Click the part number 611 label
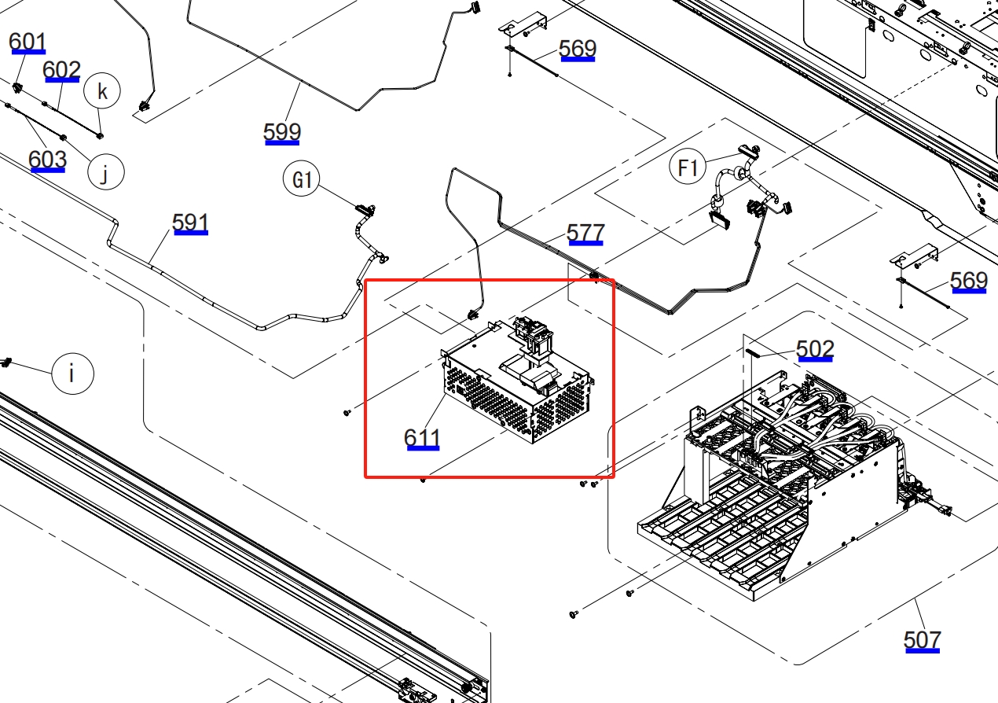422,437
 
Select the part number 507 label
922,639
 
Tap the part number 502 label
815,348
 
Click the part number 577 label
585,233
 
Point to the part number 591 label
190,223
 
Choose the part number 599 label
282,132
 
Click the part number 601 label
28,42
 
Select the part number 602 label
61,71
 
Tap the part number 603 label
47,160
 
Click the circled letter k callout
102,92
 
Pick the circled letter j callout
105,171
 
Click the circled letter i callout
72,373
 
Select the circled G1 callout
303,181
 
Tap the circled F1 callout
688,167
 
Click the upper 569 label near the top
578,50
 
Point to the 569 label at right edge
968,281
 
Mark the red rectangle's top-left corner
366,281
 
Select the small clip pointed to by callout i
8,363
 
